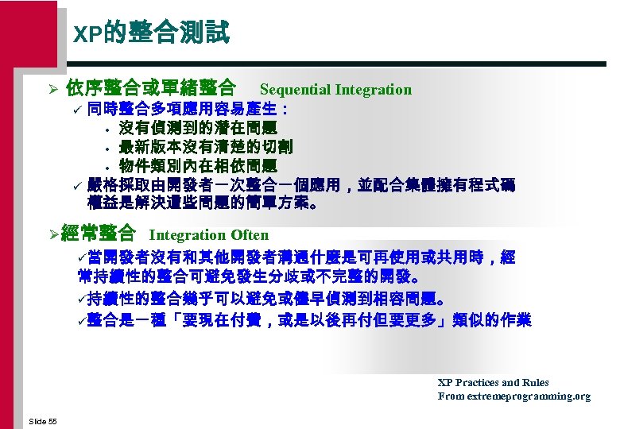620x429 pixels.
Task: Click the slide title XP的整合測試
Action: coord(151,33)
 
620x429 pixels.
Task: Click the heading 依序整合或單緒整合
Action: coord(150,88)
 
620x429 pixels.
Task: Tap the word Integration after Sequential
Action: coord(374,90)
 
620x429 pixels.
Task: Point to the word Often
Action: coord(250,235)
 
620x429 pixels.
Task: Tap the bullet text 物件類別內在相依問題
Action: coord(197,165)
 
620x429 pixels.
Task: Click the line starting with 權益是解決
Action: coord(203,203)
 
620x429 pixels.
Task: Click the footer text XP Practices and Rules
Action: coord(493,383)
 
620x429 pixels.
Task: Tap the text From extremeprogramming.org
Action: coord(513,396)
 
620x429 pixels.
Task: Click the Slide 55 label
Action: coord(42,420)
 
